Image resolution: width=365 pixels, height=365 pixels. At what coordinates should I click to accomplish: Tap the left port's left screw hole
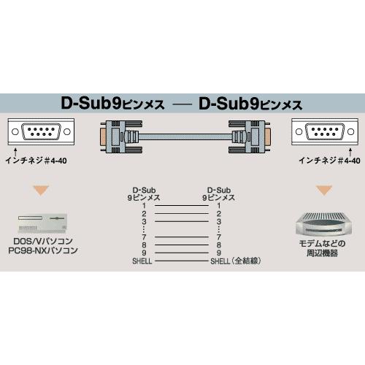click(15, 131)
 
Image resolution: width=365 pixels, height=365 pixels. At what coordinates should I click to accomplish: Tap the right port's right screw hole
click(350, 131)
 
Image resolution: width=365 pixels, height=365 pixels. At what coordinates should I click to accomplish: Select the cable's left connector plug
click(121, 137)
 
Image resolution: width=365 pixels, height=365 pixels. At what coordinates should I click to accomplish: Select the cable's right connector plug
click(250, 137)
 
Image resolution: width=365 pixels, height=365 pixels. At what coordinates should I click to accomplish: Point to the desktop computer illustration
click(42, 223)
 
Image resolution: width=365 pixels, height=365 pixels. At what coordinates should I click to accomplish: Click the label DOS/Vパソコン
click(43, 241)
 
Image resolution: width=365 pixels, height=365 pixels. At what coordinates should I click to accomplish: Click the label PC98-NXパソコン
click(43, 250)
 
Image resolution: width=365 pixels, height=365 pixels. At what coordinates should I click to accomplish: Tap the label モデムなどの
click(322, 243)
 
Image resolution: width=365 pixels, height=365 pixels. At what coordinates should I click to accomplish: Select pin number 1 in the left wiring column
click(144, 206)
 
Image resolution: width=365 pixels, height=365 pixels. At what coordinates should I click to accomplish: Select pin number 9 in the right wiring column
click(219, 253)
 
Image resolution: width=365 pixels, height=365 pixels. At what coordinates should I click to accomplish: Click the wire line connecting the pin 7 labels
click(182, 237)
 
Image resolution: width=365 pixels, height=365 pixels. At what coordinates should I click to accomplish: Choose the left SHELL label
click(142, 261)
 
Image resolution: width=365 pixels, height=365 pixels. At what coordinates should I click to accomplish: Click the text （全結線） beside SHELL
click(246, 261)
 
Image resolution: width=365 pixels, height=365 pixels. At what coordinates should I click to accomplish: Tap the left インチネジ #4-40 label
click(36, 161)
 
